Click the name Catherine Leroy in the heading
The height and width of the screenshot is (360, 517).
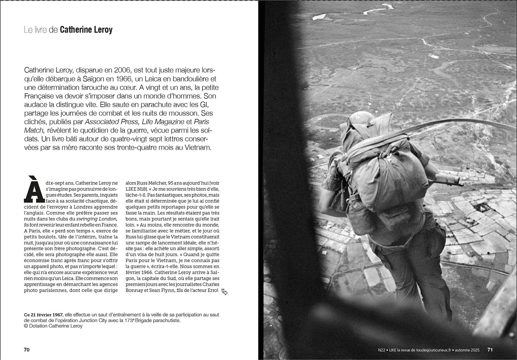86,30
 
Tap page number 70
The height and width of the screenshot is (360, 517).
27,350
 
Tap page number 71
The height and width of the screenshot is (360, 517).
490,350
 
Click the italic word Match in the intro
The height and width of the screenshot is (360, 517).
34,130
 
